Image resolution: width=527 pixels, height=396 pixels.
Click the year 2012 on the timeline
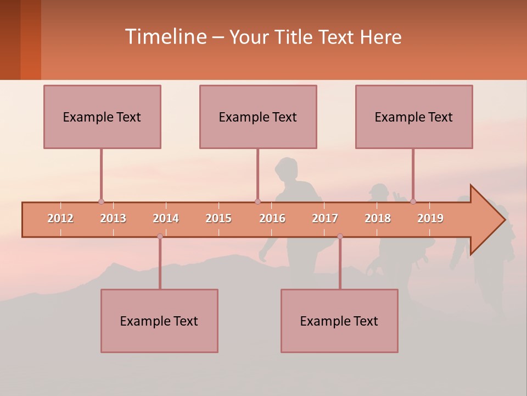pyautogui.click(x=60, y=218)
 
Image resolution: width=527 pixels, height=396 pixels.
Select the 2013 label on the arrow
pyautogui.click(x=113, y=218)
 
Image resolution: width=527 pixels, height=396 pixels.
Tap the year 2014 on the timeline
pyautogui.click(x=166, y=218)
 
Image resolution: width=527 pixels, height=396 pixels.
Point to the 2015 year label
pyautogui.click(x=218, y=218)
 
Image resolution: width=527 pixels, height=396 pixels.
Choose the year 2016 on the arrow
pyautogui.click(x=272, y=218)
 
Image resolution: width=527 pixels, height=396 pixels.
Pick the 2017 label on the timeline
pyautogui.click(x=325, y=218)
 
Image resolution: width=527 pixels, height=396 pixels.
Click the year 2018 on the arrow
pyautogui.click(x=378, y=218)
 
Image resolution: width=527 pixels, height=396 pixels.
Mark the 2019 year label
pyautogui.click(x=430, y=218)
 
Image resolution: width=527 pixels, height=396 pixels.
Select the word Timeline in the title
pyautogui.click(x=165, y=37)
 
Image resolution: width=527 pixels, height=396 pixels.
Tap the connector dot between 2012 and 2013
pyautogui.click(x=101, y=201)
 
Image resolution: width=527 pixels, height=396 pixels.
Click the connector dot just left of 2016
pyautogui.click(x=257, y=201)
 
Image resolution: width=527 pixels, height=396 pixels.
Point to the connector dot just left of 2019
pyautogui.click(x=413, y=201)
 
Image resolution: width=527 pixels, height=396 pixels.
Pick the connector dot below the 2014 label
pyautogui.click(x=160, y=237)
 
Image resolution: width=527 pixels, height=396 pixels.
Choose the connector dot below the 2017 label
pyautogui.click(x=340, y=237)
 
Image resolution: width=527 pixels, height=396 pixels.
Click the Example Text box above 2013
pyautogui.click(x=102, y=117)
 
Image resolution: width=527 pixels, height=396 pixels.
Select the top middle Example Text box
pyautogui.click(x=258, y=117)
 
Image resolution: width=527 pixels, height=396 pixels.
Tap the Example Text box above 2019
pyautogui.click(x=414, y=117)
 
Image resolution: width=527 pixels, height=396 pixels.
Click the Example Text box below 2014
pyautogui.click(x=159, y=321)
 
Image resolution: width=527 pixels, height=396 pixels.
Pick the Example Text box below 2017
pyautogui.click(x=339, y=321)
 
